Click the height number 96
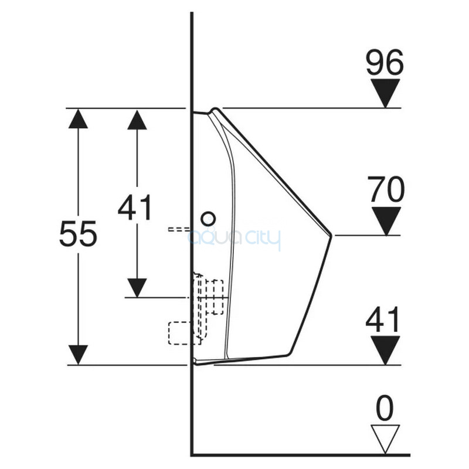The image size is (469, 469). click(385, 62)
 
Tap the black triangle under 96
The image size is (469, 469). click(385, 92)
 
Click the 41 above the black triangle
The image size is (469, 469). click(383, 320)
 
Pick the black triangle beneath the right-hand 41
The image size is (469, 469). click(385, 349)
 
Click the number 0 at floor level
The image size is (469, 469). click(385, 409)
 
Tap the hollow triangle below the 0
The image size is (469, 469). click(385, 437)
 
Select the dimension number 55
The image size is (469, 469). click(77, 235)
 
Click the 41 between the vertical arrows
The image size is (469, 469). click(135, 208)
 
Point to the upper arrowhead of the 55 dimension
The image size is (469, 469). click(78, 119)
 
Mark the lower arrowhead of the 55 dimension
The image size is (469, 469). click(78, 354)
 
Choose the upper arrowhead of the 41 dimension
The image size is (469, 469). click(137, 120)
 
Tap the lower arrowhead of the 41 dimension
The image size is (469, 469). click(137, 287)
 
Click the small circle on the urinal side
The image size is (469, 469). click(208, 219)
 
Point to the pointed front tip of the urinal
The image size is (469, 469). click(331, 236)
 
